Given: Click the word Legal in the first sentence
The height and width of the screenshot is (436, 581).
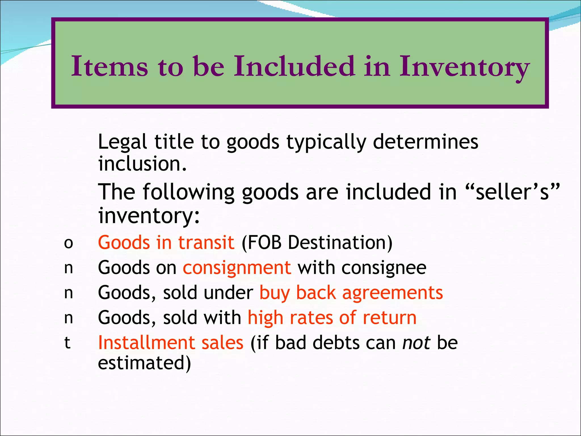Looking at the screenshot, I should pyautogui.click(x=122, y=142).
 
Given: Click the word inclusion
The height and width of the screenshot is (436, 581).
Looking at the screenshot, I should pyautogui.click(x=142, y=164).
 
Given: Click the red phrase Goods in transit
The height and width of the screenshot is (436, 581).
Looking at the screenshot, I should pyautogui.click(x=166, y=243).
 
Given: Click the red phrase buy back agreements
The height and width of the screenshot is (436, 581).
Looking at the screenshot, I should pyautogui.click(x=351, y=293).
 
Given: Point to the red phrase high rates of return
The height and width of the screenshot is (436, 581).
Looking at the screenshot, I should pyautogui.click(x=332, y=318).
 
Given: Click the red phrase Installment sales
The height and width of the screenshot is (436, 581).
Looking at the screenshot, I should pyautogui.click(x=170, y=343).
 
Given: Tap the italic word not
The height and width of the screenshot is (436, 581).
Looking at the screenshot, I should pyautogui.click(x=416, y=343).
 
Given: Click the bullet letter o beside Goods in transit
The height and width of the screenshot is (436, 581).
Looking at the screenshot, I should pyautogui.click(x=68, y=244).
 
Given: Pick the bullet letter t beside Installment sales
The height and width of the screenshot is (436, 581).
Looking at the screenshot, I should pyautogui.click(x=67, y=343).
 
